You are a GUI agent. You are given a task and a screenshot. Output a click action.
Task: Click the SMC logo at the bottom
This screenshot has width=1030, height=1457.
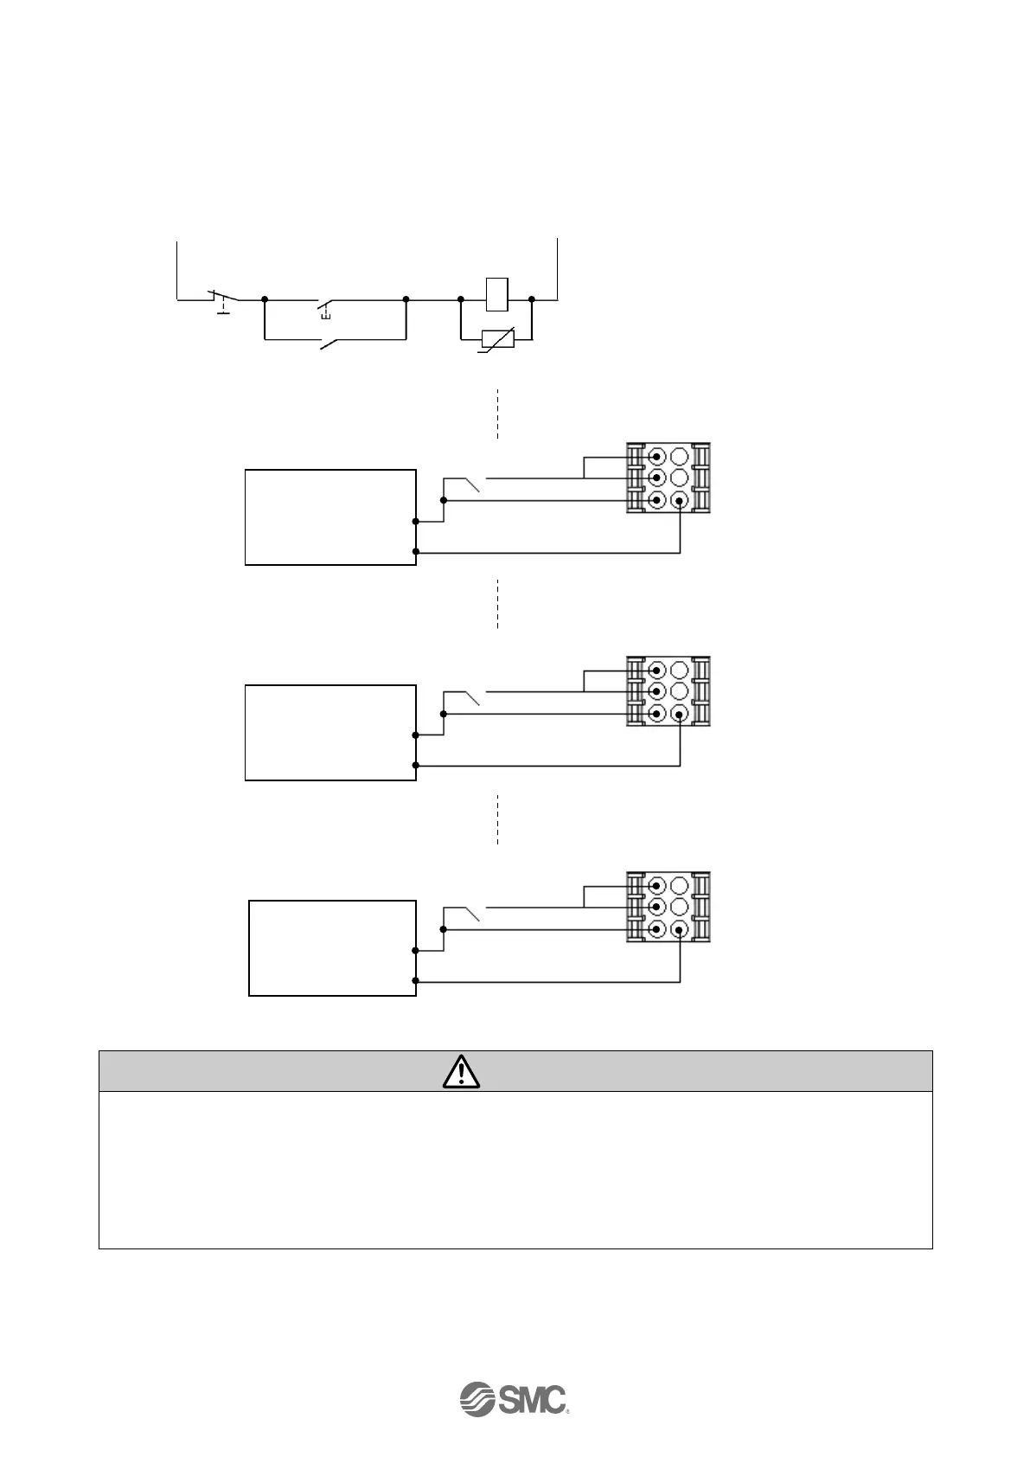pyautogui.click(x=513, y=1398)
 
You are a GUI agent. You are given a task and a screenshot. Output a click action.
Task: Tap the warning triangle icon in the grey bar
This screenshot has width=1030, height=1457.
pyautogui.click(x=462, y=1071)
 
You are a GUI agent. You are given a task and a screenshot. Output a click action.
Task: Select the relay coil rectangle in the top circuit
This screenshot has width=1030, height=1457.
pyautogui.click(x=496, y=293)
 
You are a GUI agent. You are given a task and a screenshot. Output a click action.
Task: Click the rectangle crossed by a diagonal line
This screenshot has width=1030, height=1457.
pyautogui.click(x=496, y=338)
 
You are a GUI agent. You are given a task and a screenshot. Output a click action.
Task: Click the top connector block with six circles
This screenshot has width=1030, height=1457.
pyautogui.click(x=668, y=478)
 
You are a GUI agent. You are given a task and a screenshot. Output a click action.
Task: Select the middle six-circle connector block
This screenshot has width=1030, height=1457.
pyautogui.click(x=668, y=692)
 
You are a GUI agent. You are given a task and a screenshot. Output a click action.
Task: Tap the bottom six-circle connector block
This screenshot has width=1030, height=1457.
pyautogui.click(x=668, y=908)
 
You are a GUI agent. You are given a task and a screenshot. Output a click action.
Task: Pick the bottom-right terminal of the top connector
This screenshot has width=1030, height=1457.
pyautogui.click(x=679, y=500)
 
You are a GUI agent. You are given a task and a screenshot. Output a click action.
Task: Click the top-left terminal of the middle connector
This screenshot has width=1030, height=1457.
pyautogui.click(x=656, y=670)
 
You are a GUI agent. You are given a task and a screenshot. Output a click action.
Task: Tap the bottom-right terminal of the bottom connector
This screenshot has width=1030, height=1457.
pyautogui.click(x=679, y=930)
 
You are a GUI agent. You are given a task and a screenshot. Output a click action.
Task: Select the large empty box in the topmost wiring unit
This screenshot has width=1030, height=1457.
pyautogui.click(x=330, y=517)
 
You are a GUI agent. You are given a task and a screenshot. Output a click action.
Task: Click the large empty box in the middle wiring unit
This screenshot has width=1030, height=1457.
pyautogui.click(x=330, y=733)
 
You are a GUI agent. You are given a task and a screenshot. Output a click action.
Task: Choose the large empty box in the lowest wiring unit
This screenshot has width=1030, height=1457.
pyautogui.click(x=332, y=947)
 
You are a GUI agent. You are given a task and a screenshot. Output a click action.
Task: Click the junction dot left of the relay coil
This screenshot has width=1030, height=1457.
pyautogui.click(x=461, y=299)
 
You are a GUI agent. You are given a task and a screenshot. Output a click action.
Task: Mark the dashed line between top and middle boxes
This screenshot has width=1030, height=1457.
pyautogui.click(x=497, y=603)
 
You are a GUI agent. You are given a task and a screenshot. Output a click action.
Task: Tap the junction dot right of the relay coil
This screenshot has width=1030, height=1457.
pyautogui.click(x=532, y=299)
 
